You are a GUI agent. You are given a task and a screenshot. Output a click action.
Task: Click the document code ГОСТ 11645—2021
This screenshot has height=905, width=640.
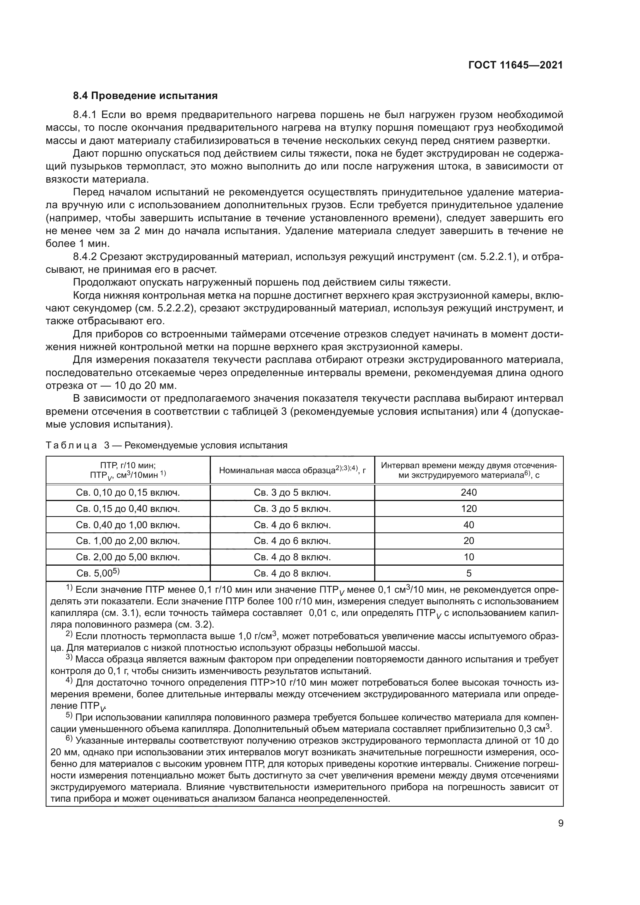pyautogui.click(x=515, y=65)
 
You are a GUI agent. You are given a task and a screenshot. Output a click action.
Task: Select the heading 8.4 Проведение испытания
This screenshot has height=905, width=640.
pyautogui.click(x=145, y=96)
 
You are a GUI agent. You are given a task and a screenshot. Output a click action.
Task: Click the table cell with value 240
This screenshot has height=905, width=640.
pyautogui.click(x=469, y=492)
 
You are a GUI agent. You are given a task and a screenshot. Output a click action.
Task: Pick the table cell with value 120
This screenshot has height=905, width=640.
pyautogui.click(x=469, y=508)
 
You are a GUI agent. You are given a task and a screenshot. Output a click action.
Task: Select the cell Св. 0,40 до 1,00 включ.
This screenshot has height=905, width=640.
pyautogui.click(x=128, y=525)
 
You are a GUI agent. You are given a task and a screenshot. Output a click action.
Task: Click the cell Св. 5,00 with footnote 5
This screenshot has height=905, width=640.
pyautogui.click(x=98, y=573)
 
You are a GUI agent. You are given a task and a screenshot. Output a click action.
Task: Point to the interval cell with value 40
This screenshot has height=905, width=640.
pyautogui.click(x=469, y=525)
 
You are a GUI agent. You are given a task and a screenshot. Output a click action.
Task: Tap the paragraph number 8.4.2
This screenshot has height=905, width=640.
pyautogui.click(x=85, y=257)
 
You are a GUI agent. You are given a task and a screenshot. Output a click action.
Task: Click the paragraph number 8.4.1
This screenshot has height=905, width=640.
pyautogui.click(x=85, y=115)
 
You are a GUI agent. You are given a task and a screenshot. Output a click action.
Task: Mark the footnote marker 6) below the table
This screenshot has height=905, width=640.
pyautogui.click(x=69, y=740)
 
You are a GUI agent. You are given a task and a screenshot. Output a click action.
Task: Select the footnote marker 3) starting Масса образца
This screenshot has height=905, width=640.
pyautogui.click(x=69, y=659)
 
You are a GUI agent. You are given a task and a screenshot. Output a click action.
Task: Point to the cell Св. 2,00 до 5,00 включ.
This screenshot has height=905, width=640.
pyautogui.click(x=128, y=557)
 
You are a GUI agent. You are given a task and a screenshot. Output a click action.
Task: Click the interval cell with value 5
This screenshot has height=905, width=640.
pyautogui.click(x=469, y=573)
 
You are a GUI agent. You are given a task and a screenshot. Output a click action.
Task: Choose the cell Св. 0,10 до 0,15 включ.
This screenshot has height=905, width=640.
pyautogui.click(x=128, y=492)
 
